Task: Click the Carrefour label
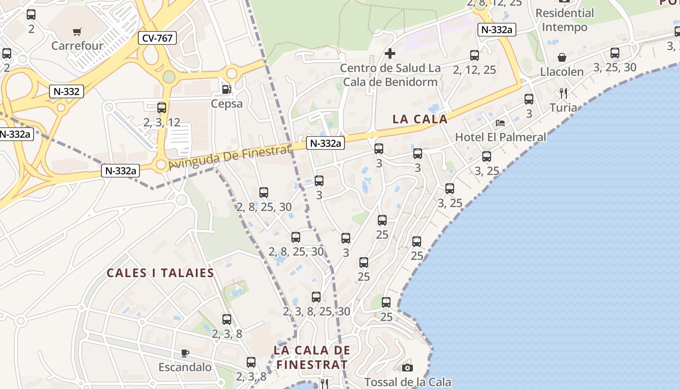click(77, 46)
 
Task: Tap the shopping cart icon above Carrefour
click(77, 32)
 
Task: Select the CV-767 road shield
click(157, 38)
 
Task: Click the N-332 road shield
click(67, 91)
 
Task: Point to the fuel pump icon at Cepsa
click(226, 89)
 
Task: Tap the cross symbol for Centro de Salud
click(390, 53)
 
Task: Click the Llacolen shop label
click(562, 72)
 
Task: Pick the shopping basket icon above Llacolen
click(562, 57)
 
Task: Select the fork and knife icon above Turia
click(563, 93)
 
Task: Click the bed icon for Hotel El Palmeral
click(500, 123)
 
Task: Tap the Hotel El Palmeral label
click(500, 137)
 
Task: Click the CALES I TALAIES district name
click(160, 273)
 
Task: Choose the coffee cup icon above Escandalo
click(185, 353)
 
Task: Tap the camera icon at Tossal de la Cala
click(408, 368)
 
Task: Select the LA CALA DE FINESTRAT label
click(312, 357)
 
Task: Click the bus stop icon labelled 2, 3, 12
click(162, 108)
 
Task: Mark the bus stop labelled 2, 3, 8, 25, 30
click(316, 297)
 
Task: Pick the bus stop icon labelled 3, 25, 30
click(615, 53)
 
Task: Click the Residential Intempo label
click(564, 20)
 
